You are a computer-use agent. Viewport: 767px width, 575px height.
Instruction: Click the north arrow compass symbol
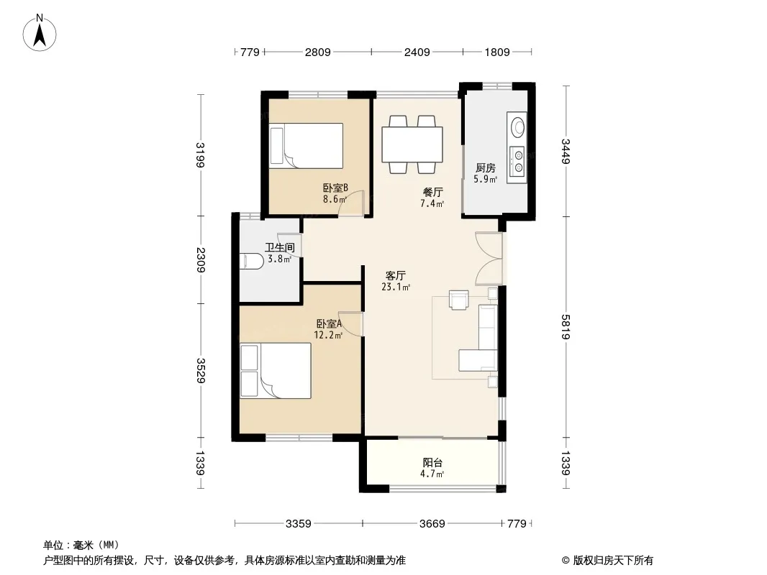click(40, 33)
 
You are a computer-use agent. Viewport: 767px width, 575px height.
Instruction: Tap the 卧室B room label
click(335, 188)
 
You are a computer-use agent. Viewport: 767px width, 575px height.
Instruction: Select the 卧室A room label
click(329, 323)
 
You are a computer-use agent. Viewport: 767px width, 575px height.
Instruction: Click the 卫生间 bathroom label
click(280, 248)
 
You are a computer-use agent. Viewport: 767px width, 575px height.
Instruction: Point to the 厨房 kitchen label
click(485, 168)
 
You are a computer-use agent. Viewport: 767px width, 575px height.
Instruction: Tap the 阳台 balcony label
click(432, 463)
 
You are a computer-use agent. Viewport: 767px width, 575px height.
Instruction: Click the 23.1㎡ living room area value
click(396, 287)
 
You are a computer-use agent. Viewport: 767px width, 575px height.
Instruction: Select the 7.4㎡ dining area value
click(432, 203)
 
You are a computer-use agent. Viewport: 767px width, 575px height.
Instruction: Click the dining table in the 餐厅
click(412, 144)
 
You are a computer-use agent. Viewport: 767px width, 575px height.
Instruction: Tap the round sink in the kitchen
click(517, 127)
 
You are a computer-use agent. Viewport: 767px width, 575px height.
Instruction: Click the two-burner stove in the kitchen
click(517, 161)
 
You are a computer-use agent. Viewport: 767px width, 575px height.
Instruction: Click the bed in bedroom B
click(306, 146)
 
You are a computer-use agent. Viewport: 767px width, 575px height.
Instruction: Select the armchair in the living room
click(459, 300)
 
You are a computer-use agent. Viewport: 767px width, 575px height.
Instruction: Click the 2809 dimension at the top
click(318, 52)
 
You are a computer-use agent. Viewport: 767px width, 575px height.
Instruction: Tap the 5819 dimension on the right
click(566, 327)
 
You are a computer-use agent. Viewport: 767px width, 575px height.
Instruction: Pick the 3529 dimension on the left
click(201, 371)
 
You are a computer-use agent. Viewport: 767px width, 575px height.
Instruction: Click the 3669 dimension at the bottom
click(432, 524)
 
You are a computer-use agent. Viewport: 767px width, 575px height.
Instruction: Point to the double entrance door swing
click(489, 259)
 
